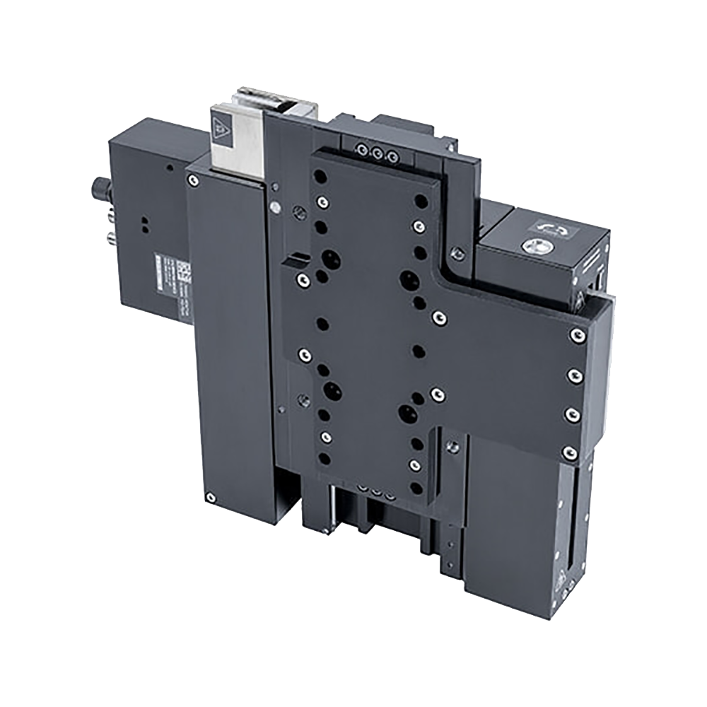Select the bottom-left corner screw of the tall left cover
(210, 498)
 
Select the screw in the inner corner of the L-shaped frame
(457, 252)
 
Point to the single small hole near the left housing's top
(169, 168)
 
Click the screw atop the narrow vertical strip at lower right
(453, 446)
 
